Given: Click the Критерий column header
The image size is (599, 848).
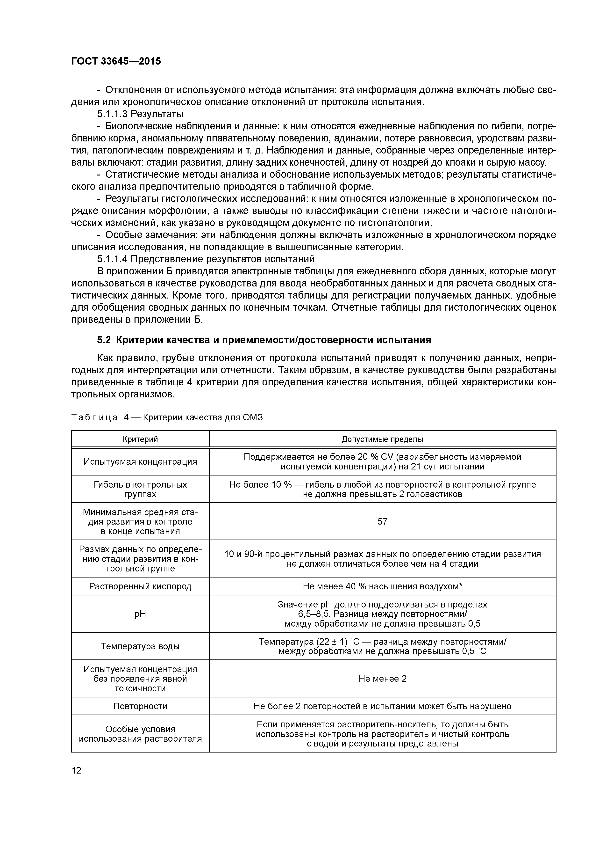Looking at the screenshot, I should coord(140,439).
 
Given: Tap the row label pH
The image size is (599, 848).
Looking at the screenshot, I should coord(140,614).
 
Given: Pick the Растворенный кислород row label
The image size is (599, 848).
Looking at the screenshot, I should coord(140,586).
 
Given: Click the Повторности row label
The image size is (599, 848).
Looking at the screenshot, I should coord(140,706).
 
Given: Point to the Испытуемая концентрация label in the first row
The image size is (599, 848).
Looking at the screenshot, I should coord(140,462).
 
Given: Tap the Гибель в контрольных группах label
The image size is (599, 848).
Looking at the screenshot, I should coord(140,489).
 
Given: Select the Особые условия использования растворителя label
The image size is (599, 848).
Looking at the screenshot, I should coord(140,734).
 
